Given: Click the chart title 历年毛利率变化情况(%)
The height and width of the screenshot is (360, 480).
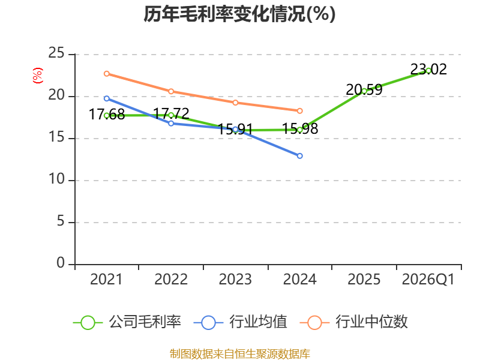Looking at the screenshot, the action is [x=239, y=14].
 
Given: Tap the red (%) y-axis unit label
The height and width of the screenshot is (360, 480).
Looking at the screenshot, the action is [x=38, y=76].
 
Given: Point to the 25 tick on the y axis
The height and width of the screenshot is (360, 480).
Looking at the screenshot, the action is [x=56, y=53].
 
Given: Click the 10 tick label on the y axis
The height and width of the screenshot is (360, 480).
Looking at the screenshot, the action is [x=56, y=179].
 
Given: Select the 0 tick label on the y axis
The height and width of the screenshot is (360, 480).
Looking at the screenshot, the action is [x=61, y=263].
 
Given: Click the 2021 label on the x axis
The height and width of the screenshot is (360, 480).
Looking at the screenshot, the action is [x=106, y=280].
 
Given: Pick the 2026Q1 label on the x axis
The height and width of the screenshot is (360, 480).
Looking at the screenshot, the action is [x=428, y=280].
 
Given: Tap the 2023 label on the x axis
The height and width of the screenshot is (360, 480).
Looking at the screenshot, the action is [x=235, y=280].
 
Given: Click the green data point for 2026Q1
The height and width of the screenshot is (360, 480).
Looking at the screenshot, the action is [x=428, y=71].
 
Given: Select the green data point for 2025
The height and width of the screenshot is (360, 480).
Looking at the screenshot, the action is [x=364, y=91].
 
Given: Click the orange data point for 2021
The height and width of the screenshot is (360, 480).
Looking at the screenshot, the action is [x=107, y=74].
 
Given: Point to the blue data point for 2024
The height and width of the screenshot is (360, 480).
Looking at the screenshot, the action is [x=299, y=156].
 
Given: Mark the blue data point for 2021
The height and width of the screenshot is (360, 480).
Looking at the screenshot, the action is [x=107, y=98].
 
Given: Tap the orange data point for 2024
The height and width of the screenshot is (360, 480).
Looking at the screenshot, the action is [x=299, y=111].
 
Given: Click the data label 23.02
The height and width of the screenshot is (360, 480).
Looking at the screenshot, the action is [x=428, y=69].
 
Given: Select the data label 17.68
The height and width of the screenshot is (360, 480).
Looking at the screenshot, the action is [x=107, y=114].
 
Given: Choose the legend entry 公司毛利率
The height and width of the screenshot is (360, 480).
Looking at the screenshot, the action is [x=127, y=322].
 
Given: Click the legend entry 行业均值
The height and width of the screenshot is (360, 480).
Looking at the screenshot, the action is [x=241, y=322].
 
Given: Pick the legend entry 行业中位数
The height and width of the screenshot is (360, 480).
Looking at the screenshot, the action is [x=354, y=322].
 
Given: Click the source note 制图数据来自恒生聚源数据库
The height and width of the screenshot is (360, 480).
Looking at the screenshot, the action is [x=239, y=354].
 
